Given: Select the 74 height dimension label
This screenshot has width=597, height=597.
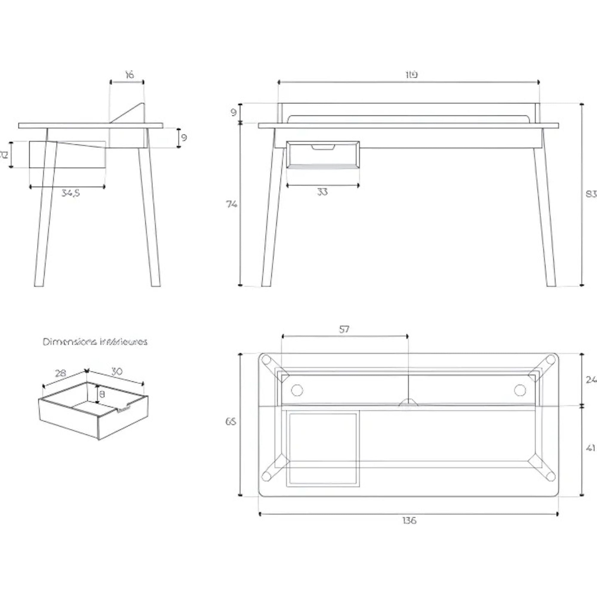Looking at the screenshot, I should [231, 204].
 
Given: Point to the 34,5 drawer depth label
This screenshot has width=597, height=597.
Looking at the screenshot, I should [70, 193].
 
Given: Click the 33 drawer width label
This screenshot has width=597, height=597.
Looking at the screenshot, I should [322, 192].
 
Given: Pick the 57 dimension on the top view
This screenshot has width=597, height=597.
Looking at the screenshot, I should [344, 330].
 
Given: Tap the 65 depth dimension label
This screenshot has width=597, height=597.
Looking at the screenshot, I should [231, 421].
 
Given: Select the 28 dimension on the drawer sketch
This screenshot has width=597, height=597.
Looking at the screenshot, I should [61, 373].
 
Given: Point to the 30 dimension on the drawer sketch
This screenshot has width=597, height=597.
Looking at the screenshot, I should [117, 371].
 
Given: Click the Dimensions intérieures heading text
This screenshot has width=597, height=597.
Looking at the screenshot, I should [95, 342].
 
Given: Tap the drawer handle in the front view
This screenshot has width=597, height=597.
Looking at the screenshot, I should [323, 147].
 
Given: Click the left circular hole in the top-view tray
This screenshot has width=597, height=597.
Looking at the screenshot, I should [297, 390].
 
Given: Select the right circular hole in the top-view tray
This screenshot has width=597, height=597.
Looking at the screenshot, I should [520, 390].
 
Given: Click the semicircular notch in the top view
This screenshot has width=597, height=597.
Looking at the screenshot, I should [408, 402].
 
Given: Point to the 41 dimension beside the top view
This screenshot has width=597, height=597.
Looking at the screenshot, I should [591, 448].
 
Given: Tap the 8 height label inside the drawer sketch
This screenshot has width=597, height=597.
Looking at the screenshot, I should [103, 394].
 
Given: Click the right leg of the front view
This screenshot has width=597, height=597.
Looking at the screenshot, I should [545, 216].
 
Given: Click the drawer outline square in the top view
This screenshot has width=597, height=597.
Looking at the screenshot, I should [323, 448].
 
